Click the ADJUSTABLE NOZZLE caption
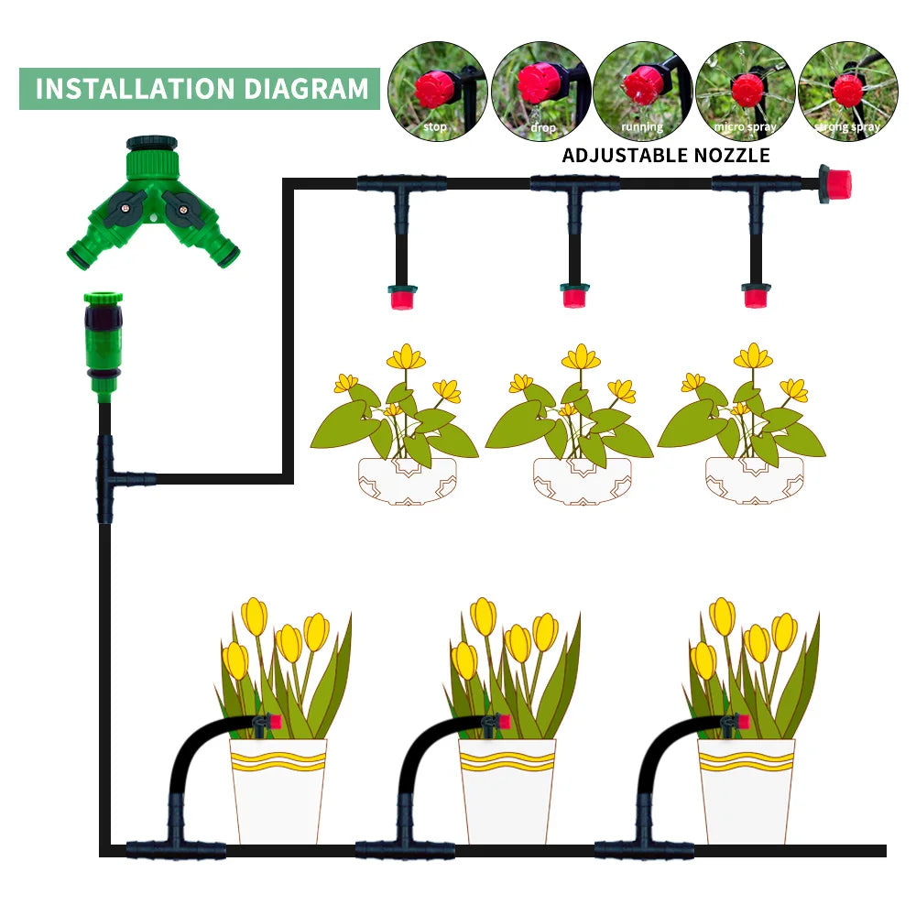[666, 155]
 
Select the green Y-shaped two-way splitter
[153, 205]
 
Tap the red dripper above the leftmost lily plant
[402, 297]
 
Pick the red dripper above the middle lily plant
[574, 297]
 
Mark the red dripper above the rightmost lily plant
[756, 297]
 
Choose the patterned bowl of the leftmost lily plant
[406, 480]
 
